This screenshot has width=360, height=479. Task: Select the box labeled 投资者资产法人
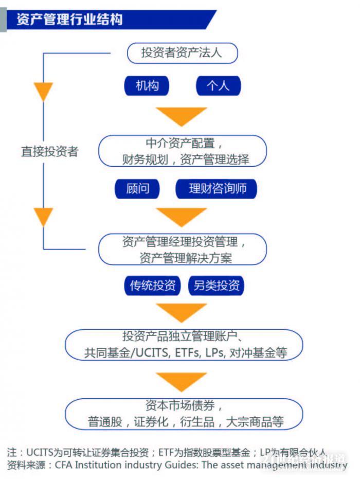(x=182, y=53)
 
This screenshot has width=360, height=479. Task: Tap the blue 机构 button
(x=147, y=85)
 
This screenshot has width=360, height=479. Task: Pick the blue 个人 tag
(x=218, y=85)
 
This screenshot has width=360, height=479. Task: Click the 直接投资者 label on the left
(x=49, y=152)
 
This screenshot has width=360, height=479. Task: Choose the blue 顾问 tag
(x=137, y=189)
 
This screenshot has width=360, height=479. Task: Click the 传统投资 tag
(x=152, y=286)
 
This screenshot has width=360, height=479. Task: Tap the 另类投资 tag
(x=217, y=286)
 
